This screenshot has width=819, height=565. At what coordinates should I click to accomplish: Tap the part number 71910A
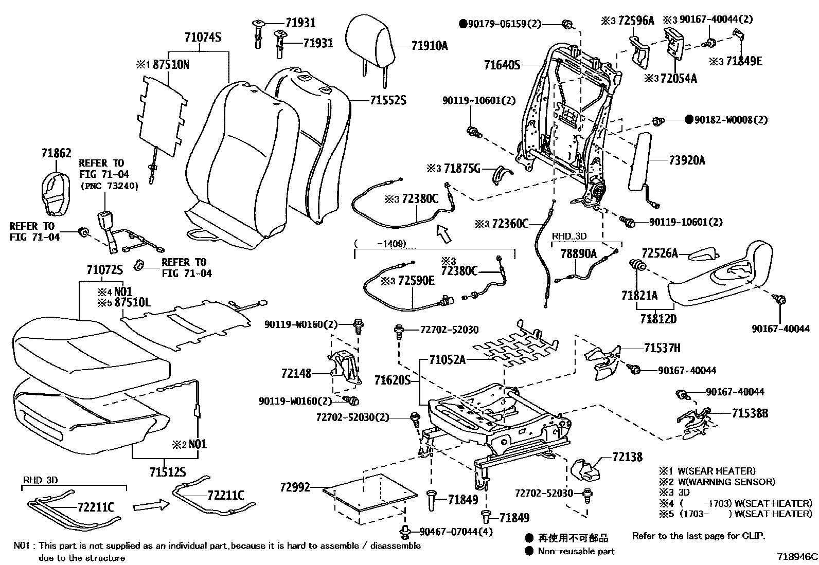[x=430, y=46]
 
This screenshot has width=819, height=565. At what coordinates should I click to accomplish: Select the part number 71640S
[x=502, y=65]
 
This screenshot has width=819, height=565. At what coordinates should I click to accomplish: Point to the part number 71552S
[x=388, y=101]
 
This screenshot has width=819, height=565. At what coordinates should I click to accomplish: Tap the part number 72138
[x=627, y=457]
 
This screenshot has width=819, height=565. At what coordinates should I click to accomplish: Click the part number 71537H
[x=662, y=349]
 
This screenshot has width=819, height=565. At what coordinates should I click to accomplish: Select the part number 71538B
[x=750, y=413]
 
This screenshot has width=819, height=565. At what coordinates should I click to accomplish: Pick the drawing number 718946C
[x=797, y=556]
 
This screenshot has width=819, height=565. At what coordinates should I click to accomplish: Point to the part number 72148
[x=296, y=373]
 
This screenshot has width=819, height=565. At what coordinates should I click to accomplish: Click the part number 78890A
[x=578, y=253]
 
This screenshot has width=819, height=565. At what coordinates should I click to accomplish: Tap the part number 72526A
[x=660, y=253]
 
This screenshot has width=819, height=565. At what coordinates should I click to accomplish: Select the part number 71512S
[x=168, y=471]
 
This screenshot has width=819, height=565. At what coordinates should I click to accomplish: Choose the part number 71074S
[x=203, y=38]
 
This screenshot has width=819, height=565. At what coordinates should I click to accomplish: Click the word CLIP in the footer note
[x=753, y=536]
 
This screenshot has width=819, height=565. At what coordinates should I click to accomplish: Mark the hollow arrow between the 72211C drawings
[x=151, y=506]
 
